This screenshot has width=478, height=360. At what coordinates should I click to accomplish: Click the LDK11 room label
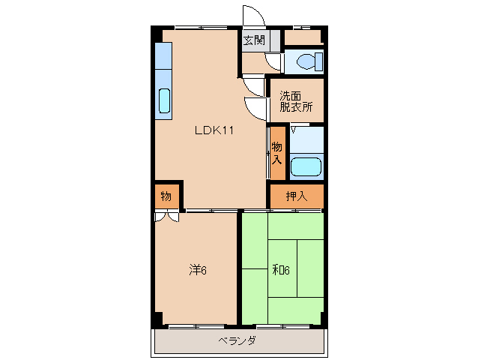point(214,130)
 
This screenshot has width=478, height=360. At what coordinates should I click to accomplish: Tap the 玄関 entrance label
point(254,40)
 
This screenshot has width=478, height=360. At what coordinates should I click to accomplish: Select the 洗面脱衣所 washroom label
point(296,101)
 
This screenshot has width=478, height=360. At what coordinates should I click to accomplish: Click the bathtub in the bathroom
point(306,167)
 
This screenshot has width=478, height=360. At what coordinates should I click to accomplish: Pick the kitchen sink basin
point(164,100)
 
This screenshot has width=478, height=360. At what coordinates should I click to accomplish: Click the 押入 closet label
point(296,196)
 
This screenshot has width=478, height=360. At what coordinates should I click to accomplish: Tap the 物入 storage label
point(276,153)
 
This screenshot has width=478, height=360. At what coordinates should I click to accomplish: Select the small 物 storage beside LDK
point(166,196)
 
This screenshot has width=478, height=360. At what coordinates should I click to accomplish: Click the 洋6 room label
point(198,270)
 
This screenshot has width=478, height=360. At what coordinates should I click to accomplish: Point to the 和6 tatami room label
point(280,270)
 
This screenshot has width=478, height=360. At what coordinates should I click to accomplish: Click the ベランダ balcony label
point(238,340)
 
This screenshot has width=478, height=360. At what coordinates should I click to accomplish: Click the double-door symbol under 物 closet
point(167,217)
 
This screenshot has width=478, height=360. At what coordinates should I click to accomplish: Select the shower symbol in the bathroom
point(293,130)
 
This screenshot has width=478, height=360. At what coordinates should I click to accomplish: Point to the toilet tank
point(319,61)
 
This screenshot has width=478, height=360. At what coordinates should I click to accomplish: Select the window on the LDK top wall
point(202,28)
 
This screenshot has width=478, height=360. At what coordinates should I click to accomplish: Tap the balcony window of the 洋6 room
point(196,327)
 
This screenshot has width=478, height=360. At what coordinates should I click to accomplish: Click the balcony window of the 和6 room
point(283,327)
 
